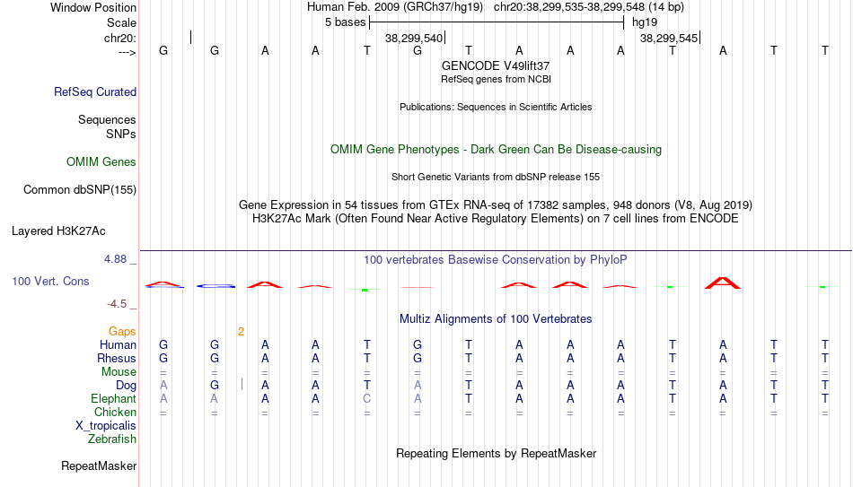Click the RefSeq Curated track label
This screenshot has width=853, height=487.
pyautogui.click(x=95, y=91)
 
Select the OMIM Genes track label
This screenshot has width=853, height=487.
pyautogui.click(x=101, y=162)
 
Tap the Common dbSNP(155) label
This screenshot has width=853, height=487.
pyautogui.click(x=80, y=190)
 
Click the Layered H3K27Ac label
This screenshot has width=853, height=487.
pyautogui.click(x=58, y=231)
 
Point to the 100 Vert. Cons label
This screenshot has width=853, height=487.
pyautogui.click(x=50, y=281)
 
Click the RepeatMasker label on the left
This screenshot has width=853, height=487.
pyautogui.click(x=99, y=465)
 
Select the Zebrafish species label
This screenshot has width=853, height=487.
pyautogui.click(x=112, y=439)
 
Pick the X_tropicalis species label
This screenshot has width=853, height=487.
pyautogui.click(x=106, y=426)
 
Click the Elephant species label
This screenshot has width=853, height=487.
pyautogui.click(x=113, y=399)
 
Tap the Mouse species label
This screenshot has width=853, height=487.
pyautogui.click(x=119, y=372)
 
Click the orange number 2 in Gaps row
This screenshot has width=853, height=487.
pyautogui.click(x=241, y=332)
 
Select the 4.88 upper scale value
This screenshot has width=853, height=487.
pyautogui.click(x=115, y=259)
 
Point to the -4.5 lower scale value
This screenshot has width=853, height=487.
pyautogui.click(x=117, y=304)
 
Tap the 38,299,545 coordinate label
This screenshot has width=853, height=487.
pyautogui.click(x=669, y=38)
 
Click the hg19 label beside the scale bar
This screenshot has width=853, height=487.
pyautogui.click(x=645, y=22)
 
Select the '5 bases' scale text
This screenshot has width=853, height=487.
pyautogui.click(x=346, y=22)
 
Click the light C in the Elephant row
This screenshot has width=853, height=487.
pyautogui.click(x=366, y=399)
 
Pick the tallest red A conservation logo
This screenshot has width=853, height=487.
pyautogui.click(x=723, y=283)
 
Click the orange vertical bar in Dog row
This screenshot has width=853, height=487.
pyautogui.click(x=242, y=385)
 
